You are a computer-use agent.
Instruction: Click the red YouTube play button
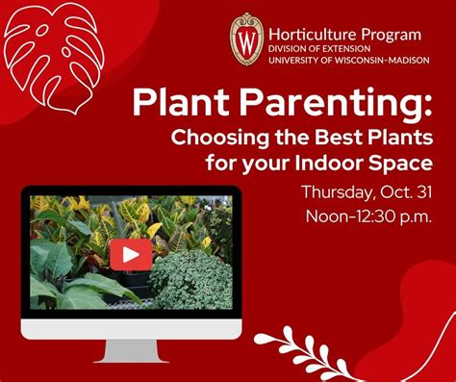point(130,254)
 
